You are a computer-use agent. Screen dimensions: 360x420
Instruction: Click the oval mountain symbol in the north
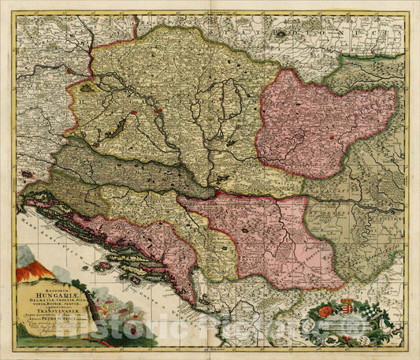click(x=281, y=35)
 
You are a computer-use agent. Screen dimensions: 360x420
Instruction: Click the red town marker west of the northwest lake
click(x=71, y=71)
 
